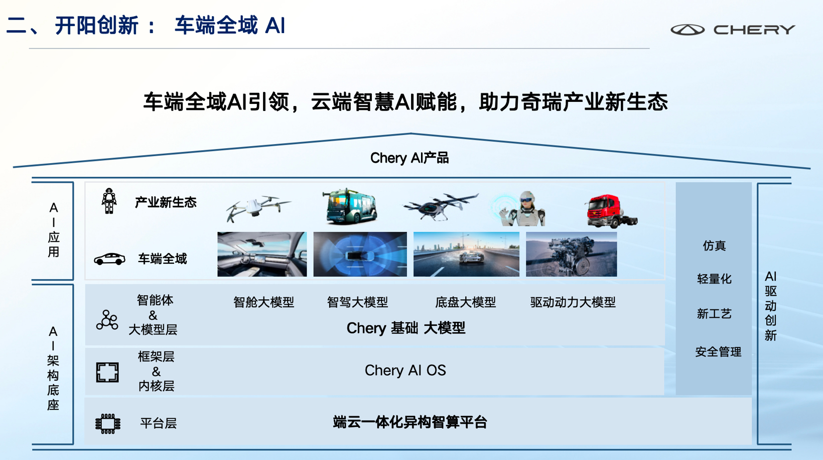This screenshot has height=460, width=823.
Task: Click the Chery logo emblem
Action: click(x=688, y=30)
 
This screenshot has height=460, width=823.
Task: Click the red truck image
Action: click(x=611, y=211)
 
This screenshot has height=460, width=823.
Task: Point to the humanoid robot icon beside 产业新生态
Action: click(x=109, y=201)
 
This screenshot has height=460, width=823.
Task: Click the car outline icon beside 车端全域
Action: click(x=109, y=259)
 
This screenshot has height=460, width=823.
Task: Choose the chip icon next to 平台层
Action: click(x=108, y=424)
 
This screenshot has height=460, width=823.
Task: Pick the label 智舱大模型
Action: click(x=264, y=302)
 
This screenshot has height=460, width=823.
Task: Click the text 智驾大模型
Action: click(x=357, y=302)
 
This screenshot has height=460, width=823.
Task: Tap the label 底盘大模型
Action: click(x=466, y=302)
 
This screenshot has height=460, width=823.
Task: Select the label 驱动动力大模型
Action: click(x=573, y=302)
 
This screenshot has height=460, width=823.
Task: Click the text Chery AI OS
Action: click(x=405, y=370)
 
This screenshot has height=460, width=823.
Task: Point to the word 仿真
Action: click(x=714, y=246)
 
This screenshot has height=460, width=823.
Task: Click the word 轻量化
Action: click(x=714, y=279)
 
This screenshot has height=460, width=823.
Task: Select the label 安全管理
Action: click(x=718, y=352)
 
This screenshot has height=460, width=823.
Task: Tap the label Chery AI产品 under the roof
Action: click(x=409, y=158)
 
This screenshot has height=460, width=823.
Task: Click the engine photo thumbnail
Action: click(x=571, y=254)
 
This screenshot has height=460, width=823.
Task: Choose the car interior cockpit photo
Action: click(x=262, y=254)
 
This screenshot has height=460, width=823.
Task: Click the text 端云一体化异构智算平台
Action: click(x=410, y=422)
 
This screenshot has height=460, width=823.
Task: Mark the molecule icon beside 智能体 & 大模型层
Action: click(x=107, y=320)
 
